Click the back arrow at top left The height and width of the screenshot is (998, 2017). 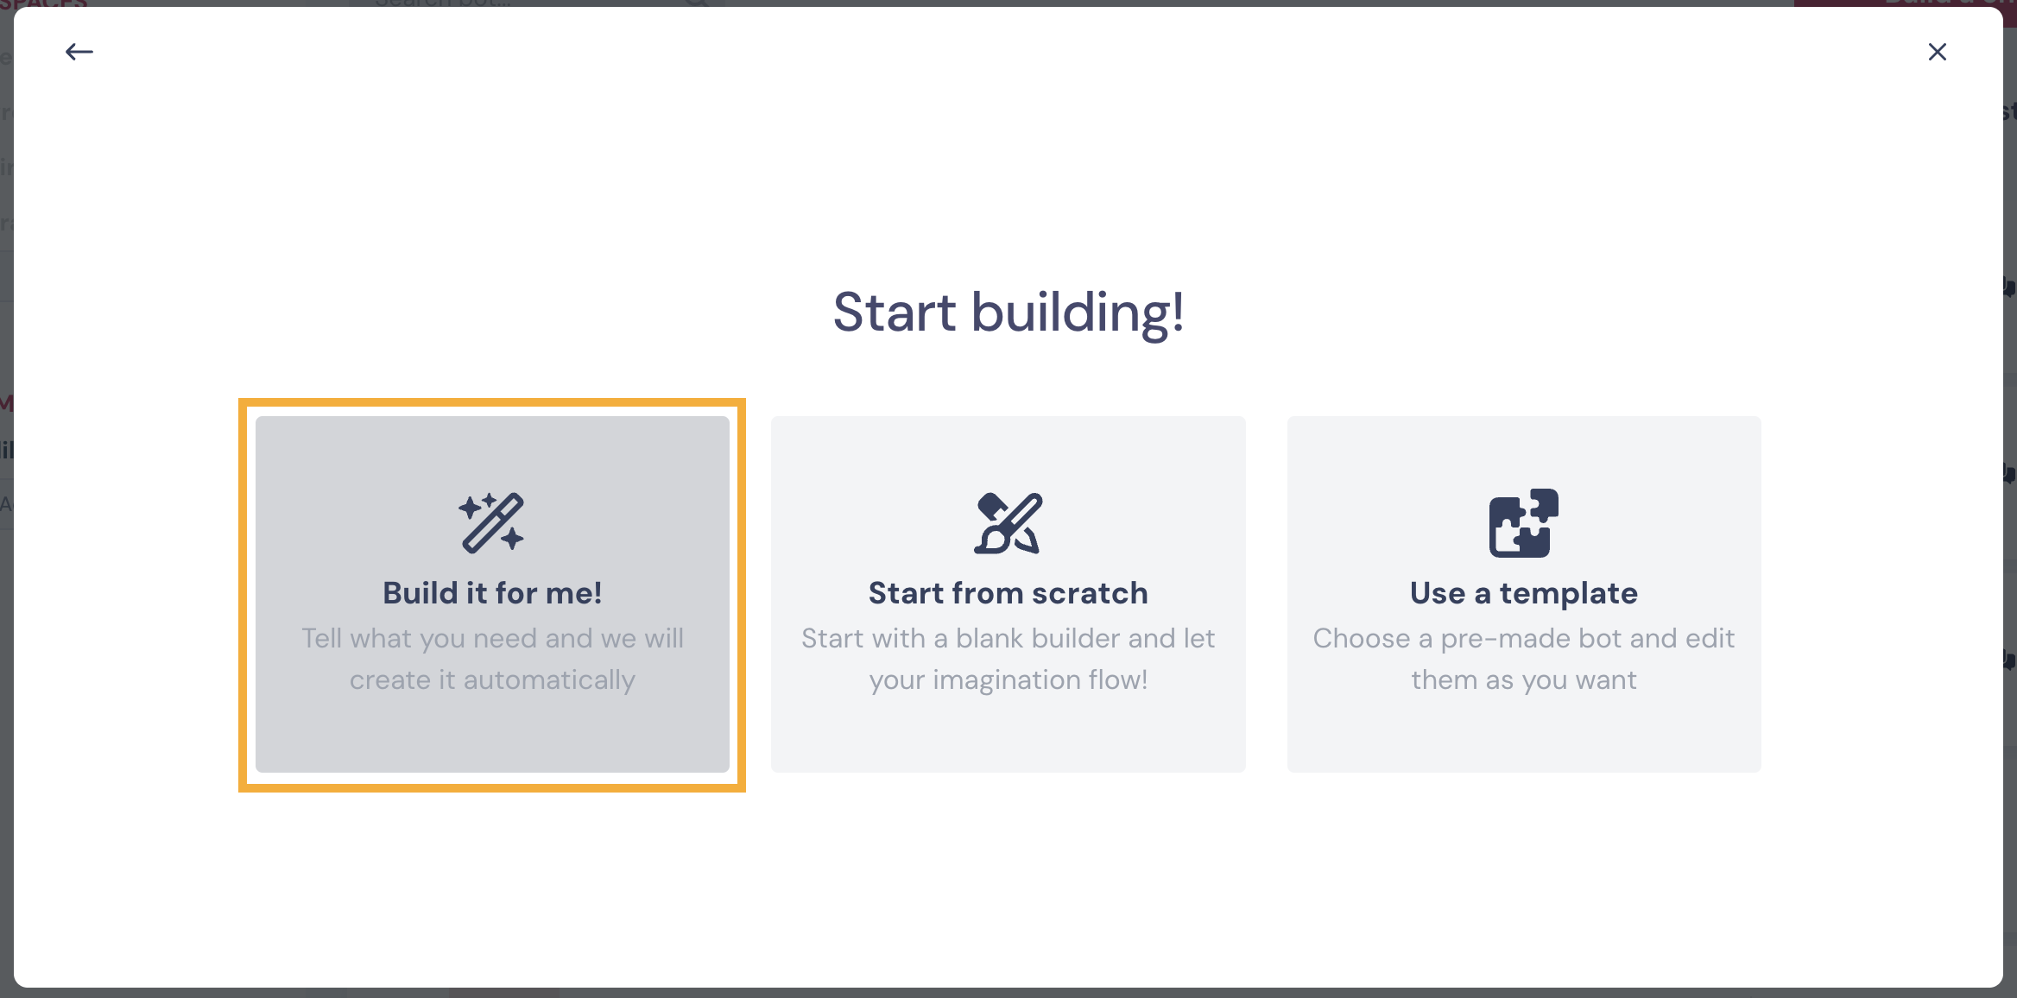coord(79,52)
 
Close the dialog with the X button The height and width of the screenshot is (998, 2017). coord(1938,52)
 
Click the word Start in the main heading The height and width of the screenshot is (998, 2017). coord(895,312)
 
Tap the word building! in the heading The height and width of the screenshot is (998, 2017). coord(1078,312)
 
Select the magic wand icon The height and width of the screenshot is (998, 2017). coord(491,522)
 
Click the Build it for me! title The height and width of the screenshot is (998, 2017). coord(492,593)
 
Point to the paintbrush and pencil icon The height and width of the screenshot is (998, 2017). coord(1008,523)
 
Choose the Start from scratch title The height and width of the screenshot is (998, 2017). coord(1008,593)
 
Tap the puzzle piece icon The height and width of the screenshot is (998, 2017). coord(1524,523)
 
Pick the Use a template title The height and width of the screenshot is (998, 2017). coord(1524,593)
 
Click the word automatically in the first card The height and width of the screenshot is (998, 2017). coord(549,680)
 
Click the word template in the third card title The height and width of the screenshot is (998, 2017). coord(1568,594)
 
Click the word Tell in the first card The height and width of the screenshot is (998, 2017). coord(322,639)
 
